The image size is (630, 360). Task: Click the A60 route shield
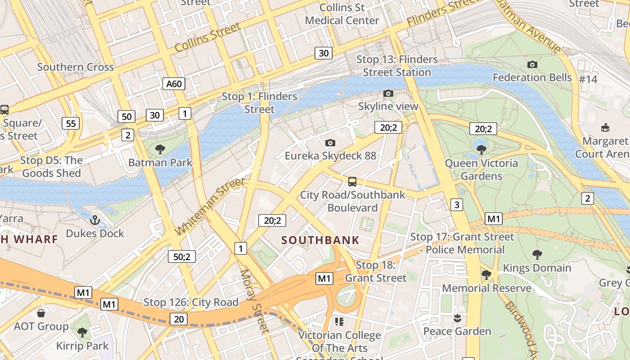point(174,84)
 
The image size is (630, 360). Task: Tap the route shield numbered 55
point(71,123)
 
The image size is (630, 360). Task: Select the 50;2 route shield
point(182,256)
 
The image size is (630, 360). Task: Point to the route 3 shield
point(457,205)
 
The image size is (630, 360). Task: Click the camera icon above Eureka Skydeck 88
point(330,143)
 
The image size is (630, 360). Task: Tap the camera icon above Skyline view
point(388,93)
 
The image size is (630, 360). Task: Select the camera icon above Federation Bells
point(532,64)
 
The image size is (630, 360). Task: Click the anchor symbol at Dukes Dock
point(94,220)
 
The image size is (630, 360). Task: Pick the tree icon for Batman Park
point(160,149)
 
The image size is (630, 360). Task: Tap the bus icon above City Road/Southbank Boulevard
point(352,182)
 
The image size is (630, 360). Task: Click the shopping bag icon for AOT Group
point(41,313)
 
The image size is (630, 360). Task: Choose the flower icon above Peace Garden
point(457,318)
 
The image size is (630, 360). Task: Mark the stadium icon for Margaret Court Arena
point(605,128)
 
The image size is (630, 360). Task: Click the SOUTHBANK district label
point(320,240)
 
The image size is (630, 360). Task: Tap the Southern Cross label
point(76,67)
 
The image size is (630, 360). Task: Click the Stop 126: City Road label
point(191,302)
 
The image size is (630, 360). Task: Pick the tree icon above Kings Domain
point(537,254)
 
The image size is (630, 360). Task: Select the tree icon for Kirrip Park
point(82,333)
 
